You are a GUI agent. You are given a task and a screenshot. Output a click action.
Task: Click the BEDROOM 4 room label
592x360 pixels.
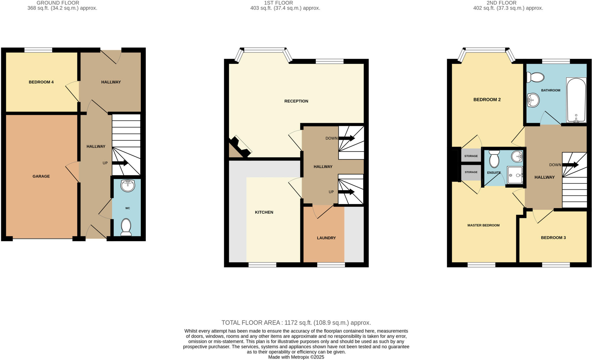point(41,82)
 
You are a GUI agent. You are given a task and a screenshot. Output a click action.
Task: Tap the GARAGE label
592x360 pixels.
point(41,176)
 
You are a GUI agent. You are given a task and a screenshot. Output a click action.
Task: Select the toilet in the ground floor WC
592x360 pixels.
point(126,227)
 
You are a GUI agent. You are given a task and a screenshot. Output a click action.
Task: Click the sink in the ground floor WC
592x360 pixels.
point(127,186)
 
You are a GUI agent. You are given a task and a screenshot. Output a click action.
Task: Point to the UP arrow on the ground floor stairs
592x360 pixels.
point(120,163)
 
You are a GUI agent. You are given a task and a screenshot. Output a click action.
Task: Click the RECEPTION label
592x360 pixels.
point(296,101)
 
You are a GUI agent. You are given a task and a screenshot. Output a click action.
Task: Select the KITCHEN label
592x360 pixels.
point(264,212)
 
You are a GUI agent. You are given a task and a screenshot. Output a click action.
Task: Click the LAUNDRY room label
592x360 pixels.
point(326,238)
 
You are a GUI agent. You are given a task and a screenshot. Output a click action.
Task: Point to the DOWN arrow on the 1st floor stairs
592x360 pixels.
point(347,139)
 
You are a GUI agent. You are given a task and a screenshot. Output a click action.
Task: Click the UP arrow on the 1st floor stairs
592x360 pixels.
point(346,192)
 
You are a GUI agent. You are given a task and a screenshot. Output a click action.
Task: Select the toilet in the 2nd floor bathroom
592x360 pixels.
point(535,77)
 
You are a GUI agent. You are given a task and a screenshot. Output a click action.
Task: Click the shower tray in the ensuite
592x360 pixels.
point(515,175)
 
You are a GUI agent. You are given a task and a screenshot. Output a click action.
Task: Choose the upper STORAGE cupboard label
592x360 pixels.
point(471,156)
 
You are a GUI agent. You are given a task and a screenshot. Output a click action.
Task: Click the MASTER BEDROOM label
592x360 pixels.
point(483,225)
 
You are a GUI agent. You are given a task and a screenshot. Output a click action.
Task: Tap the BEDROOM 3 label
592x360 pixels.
point(553,238)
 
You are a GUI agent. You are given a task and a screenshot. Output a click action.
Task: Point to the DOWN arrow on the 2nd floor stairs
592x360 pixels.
point(570,165)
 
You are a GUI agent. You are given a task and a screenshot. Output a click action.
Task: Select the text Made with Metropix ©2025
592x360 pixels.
point(296,357)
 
